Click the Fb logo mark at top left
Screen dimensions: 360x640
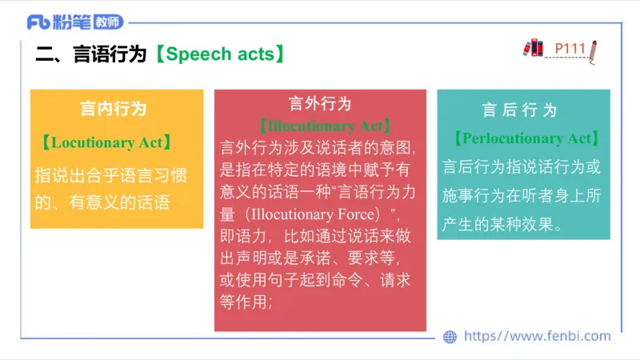pos(40,22)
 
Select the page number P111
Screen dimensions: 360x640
pos(570,49)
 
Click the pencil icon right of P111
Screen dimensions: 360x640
pos(593,50)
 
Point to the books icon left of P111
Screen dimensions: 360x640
pos(533,48)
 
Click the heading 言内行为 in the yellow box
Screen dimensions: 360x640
pos(114,108)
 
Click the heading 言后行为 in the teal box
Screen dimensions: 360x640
pos(519,110)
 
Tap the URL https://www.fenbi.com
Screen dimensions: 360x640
pos(537,337)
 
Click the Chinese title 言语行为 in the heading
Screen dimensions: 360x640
pos(110,54)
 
